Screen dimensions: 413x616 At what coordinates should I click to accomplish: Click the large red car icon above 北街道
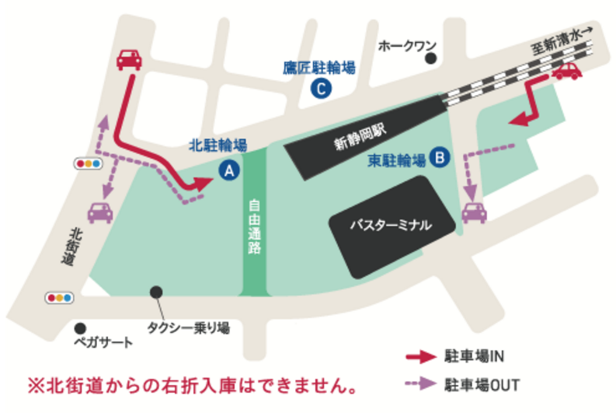(x=129, y=59)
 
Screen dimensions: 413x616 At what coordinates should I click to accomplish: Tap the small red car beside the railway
(x=567, y=72)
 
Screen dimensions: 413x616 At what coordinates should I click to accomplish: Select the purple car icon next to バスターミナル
(x=474, y=211)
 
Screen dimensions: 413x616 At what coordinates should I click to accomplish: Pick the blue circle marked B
(x=440, y=158)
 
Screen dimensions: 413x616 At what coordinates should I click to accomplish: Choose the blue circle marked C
(x=319, y=89)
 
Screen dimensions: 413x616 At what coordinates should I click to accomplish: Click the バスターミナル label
(x=390, y=226)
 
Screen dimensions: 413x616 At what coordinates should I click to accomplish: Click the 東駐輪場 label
(x=396, y=160)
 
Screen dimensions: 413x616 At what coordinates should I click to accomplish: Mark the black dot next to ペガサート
(x=80, y=327)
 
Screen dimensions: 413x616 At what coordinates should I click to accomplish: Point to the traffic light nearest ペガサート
(x=59, y=297)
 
